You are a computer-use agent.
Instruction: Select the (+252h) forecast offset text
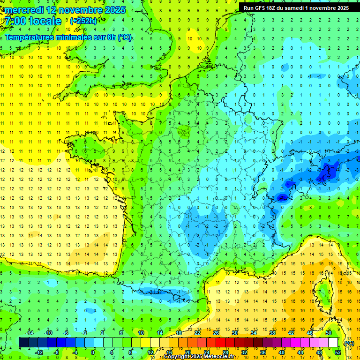[83, 21]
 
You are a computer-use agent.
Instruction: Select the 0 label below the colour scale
[93, 352]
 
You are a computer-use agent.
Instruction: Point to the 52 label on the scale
[338, 352]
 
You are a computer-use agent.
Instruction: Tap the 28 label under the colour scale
[225, 352]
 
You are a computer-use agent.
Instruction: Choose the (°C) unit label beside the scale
[349, 343]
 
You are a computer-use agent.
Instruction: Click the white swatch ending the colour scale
[333, 343]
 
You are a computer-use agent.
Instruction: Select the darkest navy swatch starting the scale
[23, 343]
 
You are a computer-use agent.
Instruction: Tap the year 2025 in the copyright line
[197, 357]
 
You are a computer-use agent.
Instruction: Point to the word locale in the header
[45, 21]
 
